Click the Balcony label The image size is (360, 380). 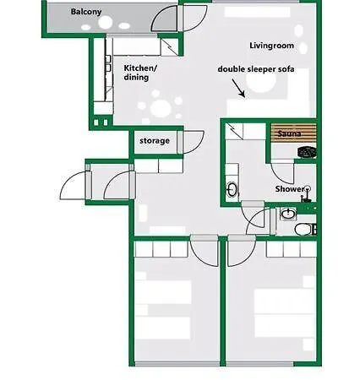click(x=86, y=12)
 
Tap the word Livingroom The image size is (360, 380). click(x=272, y=46)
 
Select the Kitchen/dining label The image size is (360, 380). click(x=140, y=73)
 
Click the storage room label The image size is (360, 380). click(x=155, y=141)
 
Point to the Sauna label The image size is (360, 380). click(x=289, y=133)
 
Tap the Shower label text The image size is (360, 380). click(x=290, y=189)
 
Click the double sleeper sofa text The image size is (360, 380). click(x=256, y=69)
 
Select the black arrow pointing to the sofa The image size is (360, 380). click(x=238, y=89)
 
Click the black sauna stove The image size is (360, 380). click(x=308, y=152)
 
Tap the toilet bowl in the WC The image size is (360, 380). click(x=303, y=229)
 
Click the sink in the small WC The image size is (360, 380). click(x=288, y=214)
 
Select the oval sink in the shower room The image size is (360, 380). click(x=232, y=189)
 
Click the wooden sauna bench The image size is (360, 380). click(x=293, y=133)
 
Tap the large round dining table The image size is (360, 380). click(x=161, y=109)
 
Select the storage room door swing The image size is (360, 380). click(x=194, y=142)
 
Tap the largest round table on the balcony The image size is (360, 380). click(x=106, y=23)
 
